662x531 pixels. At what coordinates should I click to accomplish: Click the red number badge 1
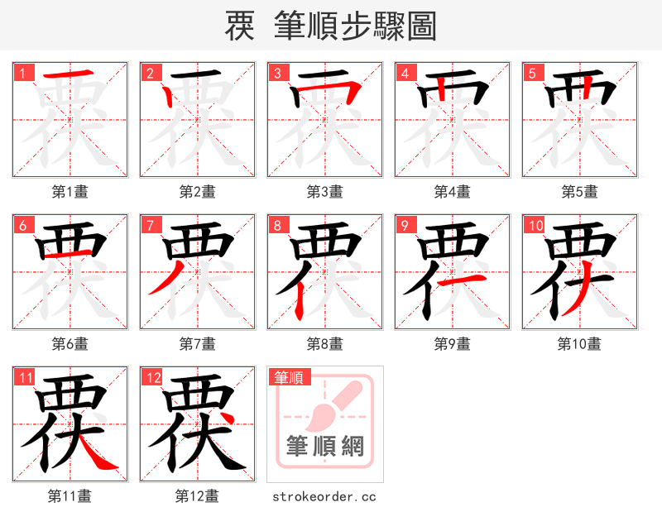(22, 72)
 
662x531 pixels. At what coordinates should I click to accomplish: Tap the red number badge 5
(531, 72)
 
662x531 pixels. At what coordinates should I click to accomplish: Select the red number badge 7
(149, 224)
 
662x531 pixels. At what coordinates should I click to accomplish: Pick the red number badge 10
(534, 224)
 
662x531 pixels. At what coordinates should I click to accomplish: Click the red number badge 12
(151, 377)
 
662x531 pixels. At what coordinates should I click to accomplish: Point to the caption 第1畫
(70, 192)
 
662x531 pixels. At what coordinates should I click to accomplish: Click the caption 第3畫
(324, 192)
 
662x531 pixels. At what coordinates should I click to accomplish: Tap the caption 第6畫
(70, 343)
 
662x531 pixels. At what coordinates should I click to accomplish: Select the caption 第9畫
(452, 343)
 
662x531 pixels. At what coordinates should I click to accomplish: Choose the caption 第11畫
(70, 496)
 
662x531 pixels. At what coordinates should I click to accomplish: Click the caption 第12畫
(197, 496)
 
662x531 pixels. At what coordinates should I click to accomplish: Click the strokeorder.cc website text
(324, 496)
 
